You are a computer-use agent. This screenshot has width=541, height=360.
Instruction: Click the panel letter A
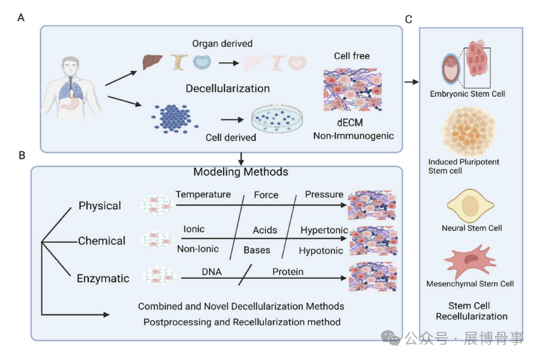[21, 18]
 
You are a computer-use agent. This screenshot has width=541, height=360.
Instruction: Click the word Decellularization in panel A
[227, 88]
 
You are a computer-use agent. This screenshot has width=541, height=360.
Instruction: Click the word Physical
[99, 205]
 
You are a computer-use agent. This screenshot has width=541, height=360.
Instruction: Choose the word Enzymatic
[103, 278]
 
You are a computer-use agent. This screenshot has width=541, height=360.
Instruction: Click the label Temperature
[203, 194]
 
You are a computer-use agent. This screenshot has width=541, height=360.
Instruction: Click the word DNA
[212, 271]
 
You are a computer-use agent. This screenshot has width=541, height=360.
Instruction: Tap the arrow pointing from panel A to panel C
[411, 82]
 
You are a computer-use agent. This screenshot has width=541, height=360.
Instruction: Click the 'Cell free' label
[352, 56]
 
